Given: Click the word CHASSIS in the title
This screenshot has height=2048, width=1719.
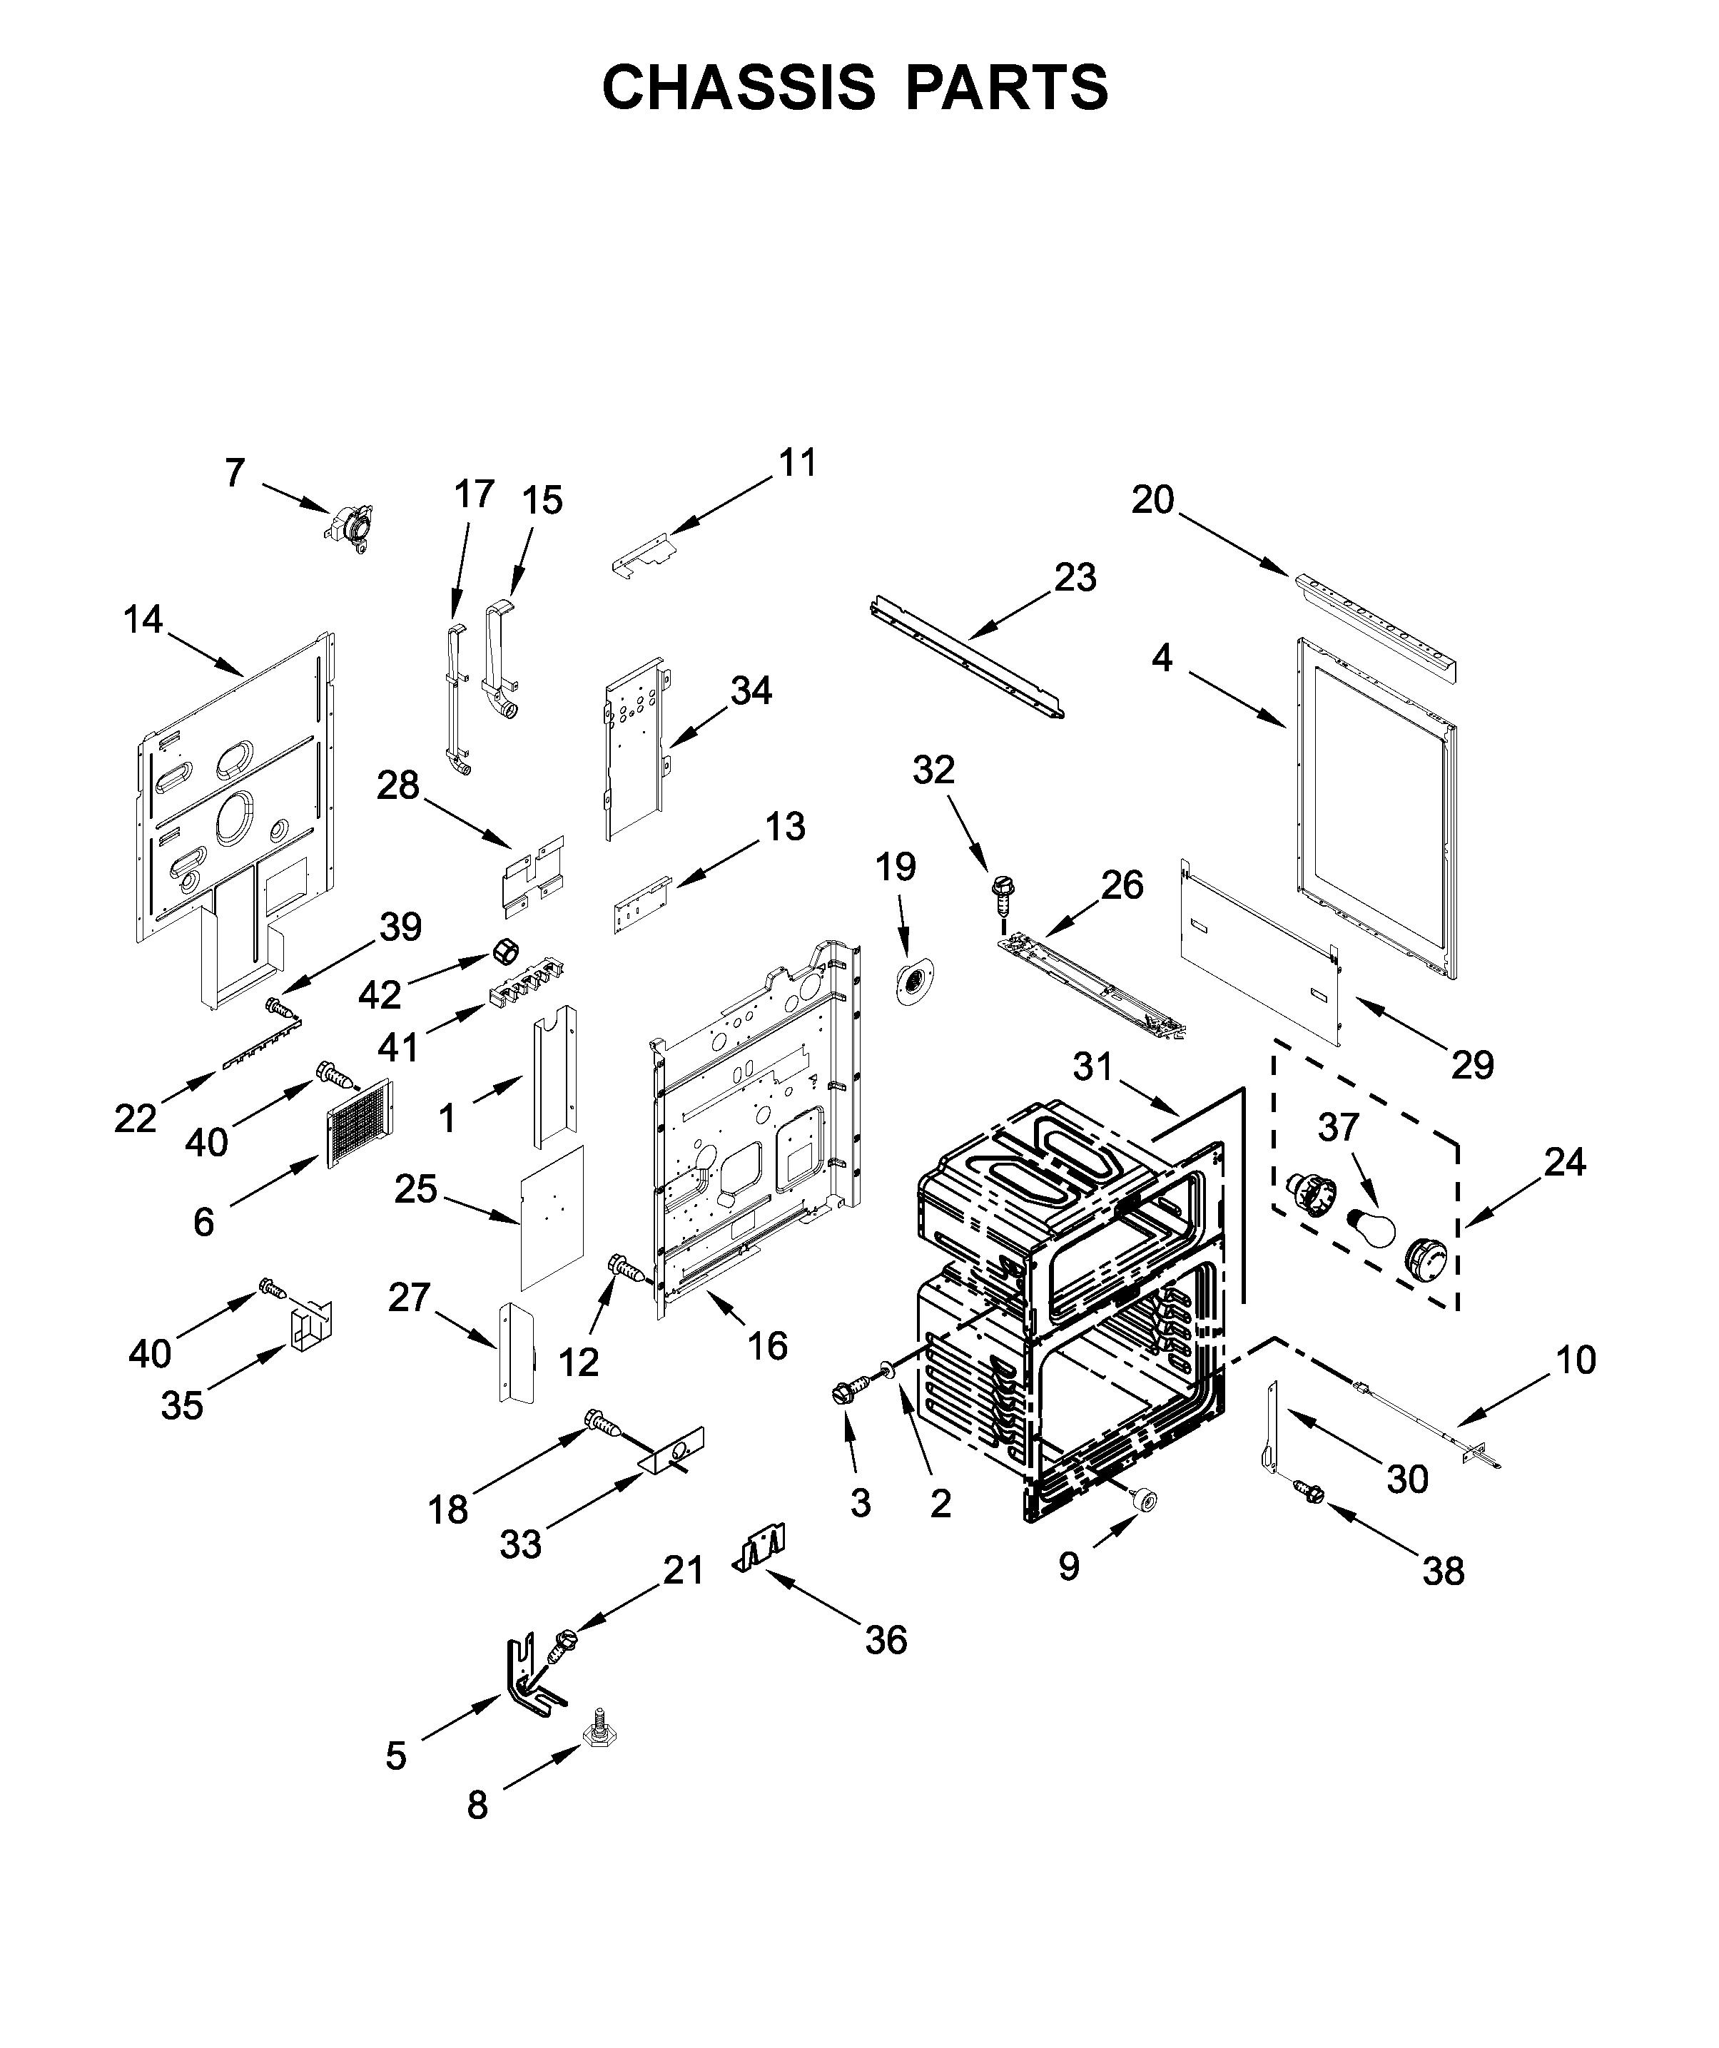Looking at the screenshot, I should [x=739, y=88].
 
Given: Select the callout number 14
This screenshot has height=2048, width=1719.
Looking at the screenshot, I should [x=143, y=619].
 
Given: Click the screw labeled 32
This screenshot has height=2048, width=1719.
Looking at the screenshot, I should [x=999, y=892].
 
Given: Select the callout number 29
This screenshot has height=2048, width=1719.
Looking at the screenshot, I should [x=1472, y=1065].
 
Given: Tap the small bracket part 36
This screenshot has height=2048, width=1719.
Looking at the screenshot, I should [x=761, y=1548].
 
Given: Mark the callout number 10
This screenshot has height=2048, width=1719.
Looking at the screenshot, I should [x=1576, y=1360].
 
